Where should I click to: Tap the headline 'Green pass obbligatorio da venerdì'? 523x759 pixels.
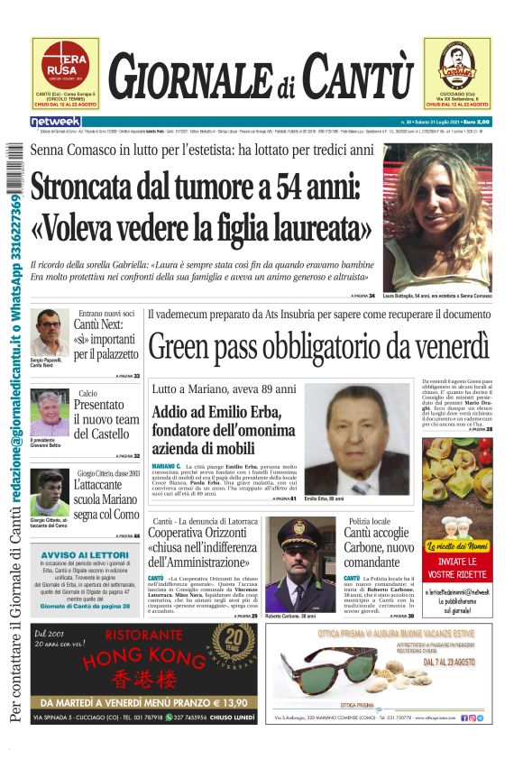318,347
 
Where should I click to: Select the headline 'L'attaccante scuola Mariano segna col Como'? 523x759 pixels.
106,498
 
